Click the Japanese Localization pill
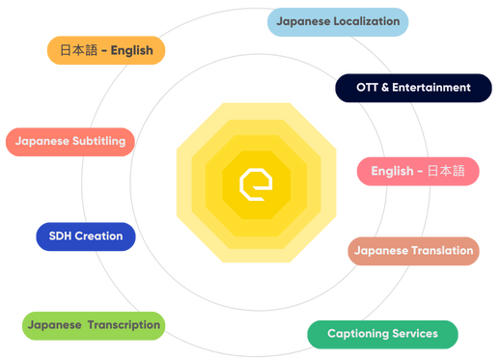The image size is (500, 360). [338, 21]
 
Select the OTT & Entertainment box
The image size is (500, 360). [413, 88]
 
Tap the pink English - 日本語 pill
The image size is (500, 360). [418, 172]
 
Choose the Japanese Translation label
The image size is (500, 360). [413, 251]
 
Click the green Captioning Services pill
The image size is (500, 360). [382, 334]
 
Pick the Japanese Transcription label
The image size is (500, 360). [94, 325]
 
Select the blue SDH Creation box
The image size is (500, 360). [85, 235]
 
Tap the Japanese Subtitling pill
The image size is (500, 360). [71, 141]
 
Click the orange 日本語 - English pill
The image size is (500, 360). [105, 50]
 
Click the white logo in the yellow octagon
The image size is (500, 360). [256, 181]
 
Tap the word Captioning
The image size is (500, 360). [358, 334]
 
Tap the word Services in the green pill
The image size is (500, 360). [414, 334]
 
